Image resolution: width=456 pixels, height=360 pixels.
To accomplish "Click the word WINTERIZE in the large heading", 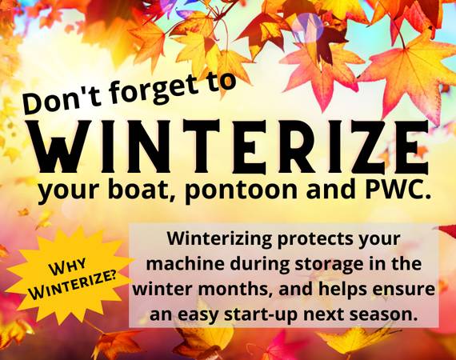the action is click(230, 146).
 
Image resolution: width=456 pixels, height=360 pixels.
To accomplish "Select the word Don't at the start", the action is click(60, 100).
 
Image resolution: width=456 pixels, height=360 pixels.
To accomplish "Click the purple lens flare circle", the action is click(307, 26).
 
